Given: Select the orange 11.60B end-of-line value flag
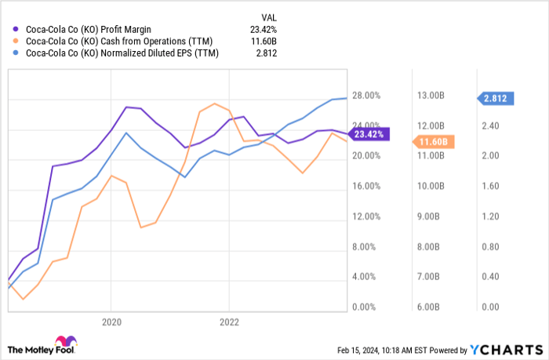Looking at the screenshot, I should [x=434, y=142].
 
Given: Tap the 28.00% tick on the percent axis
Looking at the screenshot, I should [x=365, y=96].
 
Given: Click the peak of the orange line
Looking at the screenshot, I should [x=214, y=104].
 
